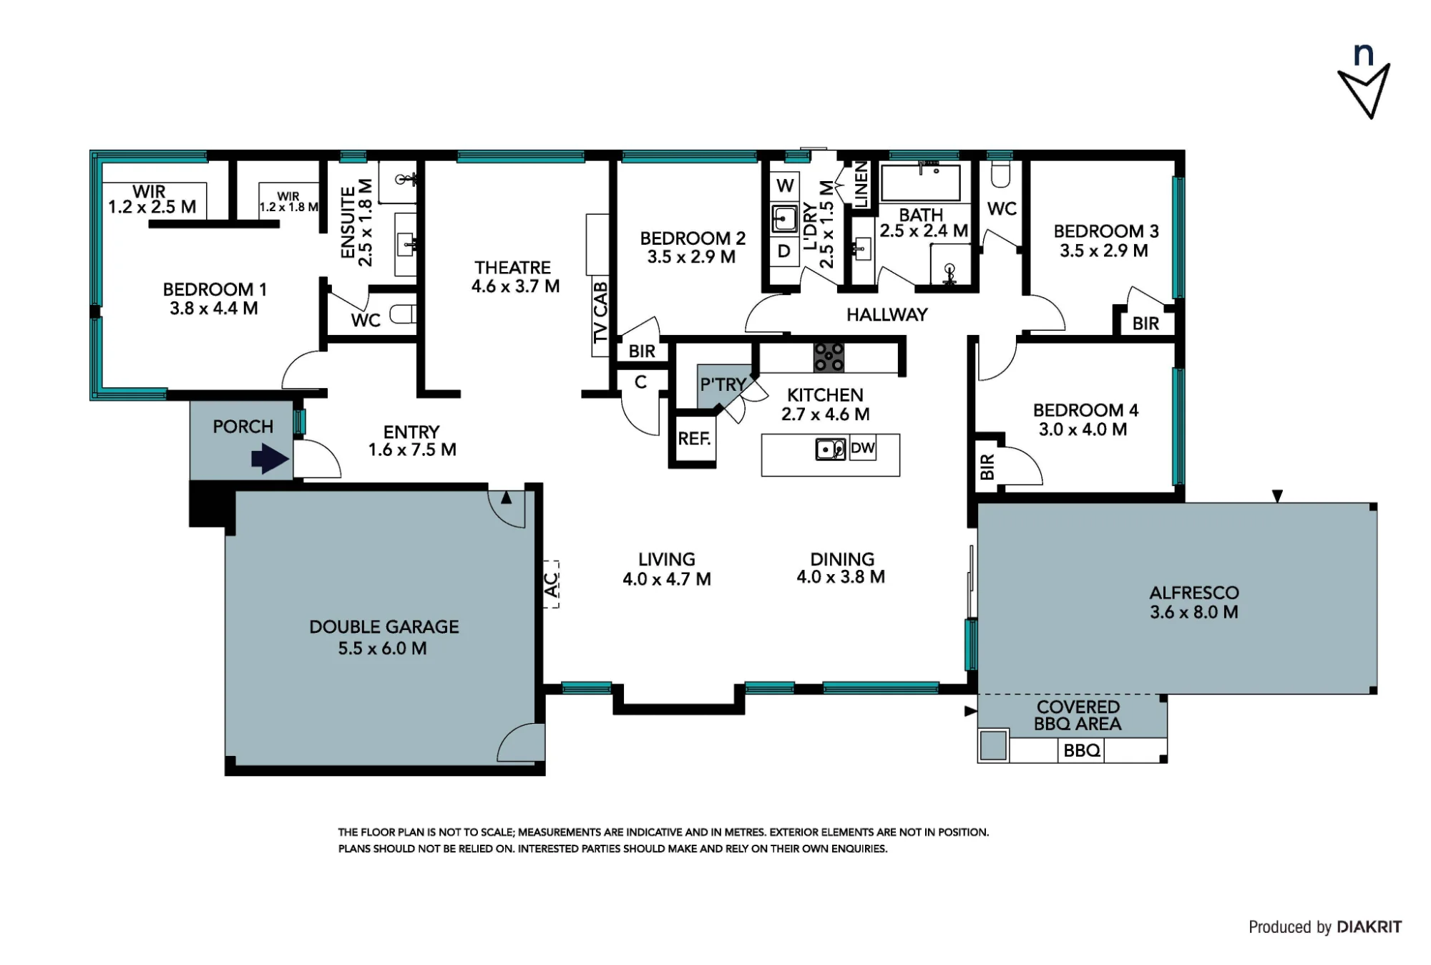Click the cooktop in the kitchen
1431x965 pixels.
pos(829,357)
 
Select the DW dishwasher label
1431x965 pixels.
pos(863,448)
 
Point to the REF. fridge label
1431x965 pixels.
pos(694,438)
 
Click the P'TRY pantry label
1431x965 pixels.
pos(723,384)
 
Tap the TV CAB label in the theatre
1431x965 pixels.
pos(600,312)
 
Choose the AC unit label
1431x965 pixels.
pos(550,583)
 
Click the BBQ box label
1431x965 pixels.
pos(1082,750)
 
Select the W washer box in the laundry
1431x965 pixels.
pos(785,185)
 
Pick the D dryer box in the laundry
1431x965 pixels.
pos(784,251)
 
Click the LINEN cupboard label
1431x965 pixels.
pos(861,185)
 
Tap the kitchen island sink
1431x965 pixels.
pos(830,450)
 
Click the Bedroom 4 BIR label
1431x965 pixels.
pos(987,467)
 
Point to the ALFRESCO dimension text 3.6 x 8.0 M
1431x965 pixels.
pos(1194,612)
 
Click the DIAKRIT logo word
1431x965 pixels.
pos(1369,927)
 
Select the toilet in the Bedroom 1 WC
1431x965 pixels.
pos(404,314)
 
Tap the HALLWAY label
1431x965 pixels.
pos(887,314)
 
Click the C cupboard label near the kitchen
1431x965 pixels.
pos(640,382)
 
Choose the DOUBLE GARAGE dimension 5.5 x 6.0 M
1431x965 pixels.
pos(383,649)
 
